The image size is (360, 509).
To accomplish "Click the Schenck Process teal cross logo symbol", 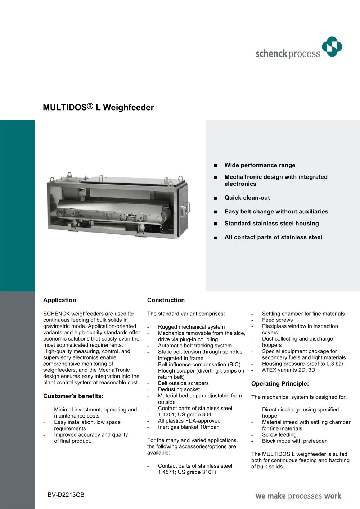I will coord(332,47).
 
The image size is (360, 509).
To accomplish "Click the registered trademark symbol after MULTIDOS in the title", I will coord(90,106).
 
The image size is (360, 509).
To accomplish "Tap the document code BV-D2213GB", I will coord(66,495).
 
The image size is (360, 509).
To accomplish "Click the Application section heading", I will coord(60,300).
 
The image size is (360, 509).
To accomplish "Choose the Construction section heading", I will coord(166,300).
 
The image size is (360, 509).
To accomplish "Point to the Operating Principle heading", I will coord(280,384).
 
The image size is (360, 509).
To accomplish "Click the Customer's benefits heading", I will coord(73,396).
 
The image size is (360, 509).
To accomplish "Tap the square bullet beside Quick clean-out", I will coord(215,198).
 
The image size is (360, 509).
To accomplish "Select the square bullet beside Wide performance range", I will coord(215,166).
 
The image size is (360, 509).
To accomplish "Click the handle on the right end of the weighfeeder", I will coord(186,210).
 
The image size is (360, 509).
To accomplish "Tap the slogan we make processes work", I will coord(298,496).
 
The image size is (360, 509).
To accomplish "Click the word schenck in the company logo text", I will coord(271,54).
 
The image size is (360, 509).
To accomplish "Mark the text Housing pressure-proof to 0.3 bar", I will coord(303,364).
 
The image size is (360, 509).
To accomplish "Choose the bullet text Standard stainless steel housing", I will coord(271,224).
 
